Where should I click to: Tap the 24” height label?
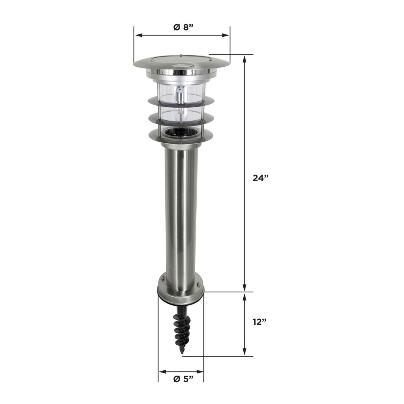pos(260,178)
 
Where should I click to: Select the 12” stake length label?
pos(260,322)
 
